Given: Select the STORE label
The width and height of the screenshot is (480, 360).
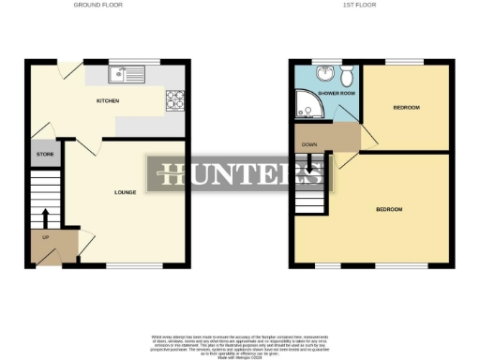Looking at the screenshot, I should click(43, 153).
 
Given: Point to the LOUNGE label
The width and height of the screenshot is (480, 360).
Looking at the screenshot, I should click(125, 192).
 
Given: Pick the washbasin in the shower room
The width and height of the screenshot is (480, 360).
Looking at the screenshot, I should click(325, 71).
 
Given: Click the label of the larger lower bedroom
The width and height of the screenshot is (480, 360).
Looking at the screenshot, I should click(389, 208).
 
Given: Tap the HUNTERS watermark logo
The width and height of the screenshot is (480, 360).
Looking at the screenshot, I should click(240, 174).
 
